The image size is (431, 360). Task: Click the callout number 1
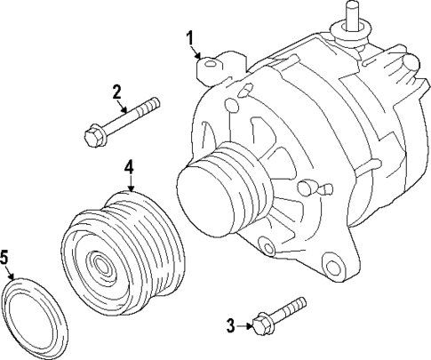tap(188, 36)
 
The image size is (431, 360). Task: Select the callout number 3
tap(229, 326)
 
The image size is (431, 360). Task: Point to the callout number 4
tap(129, 166)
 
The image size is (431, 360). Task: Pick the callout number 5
tap(4, 258)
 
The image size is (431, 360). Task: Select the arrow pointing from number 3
tap(244, 326)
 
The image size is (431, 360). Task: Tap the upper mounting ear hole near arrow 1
tap(210, 63)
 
